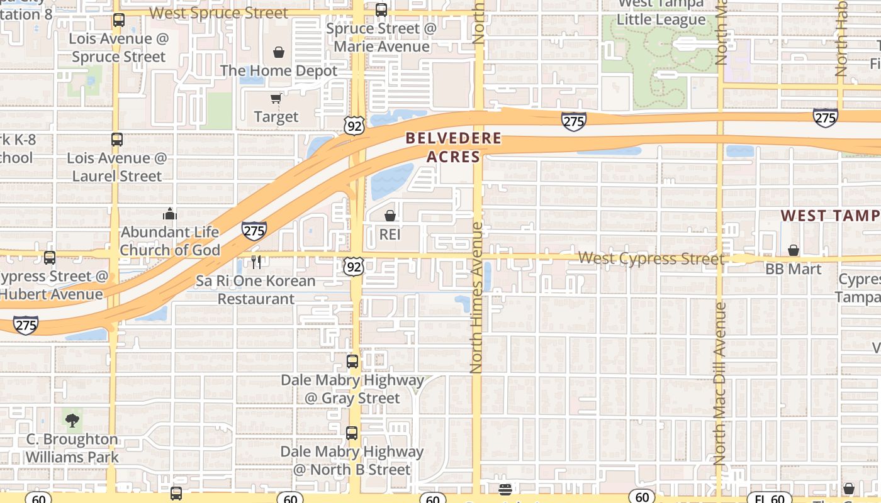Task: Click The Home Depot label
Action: click(279, 71)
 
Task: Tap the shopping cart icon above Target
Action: click(276, 98)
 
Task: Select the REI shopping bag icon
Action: click(390, 216)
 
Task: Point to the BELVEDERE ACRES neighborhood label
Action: click(453, 147)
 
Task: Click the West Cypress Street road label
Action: click(651, 258)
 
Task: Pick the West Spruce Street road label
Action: click(219, 13)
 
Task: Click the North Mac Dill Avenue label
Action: click(721, 384)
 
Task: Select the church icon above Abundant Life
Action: click(169, 214)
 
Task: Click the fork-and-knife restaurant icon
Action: click(256, 262)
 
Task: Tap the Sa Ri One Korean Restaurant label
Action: click(255, 290)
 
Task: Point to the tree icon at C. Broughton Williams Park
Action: click(72, 419)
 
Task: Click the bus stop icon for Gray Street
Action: click(352, 362)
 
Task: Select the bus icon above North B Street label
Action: click(352, 433)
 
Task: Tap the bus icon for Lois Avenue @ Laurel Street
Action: click(117, 140)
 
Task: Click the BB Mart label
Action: click(793, 269)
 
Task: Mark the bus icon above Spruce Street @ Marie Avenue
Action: click(381, 10)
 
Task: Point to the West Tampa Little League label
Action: click(661, 13)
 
